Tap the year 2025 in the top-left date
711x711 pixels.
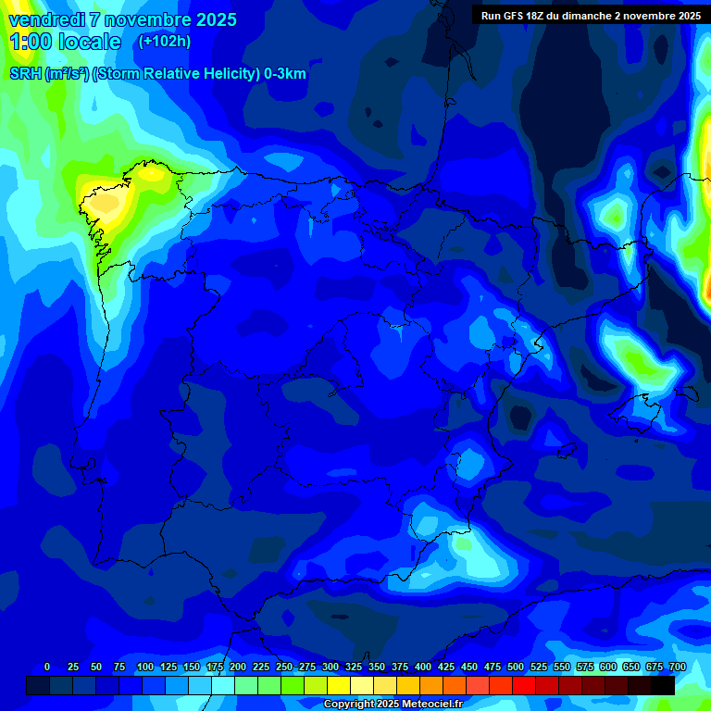[x=212, y=19]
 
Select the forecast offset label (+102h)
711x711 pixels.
[x=164, y=41]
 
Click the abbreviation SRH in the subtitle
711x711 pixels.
[x=26, y=74]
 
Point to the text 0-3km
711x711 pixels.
[x=284, y=74]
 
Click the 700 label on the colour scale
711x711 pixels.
[x=677, y=667]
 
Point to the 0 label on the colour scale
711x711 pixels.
[x=47, y=667]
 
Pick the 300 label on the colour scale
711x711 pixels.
[x=330, y=667]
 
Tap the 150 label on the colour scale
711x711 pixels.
[x=191, y=667]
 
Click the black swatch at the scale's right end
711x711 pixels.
[x=662, y=685]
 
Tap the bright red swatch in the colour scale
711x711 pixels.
[x=523, y=685]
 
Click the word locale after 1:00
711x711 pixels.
[x=89, y=42]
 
